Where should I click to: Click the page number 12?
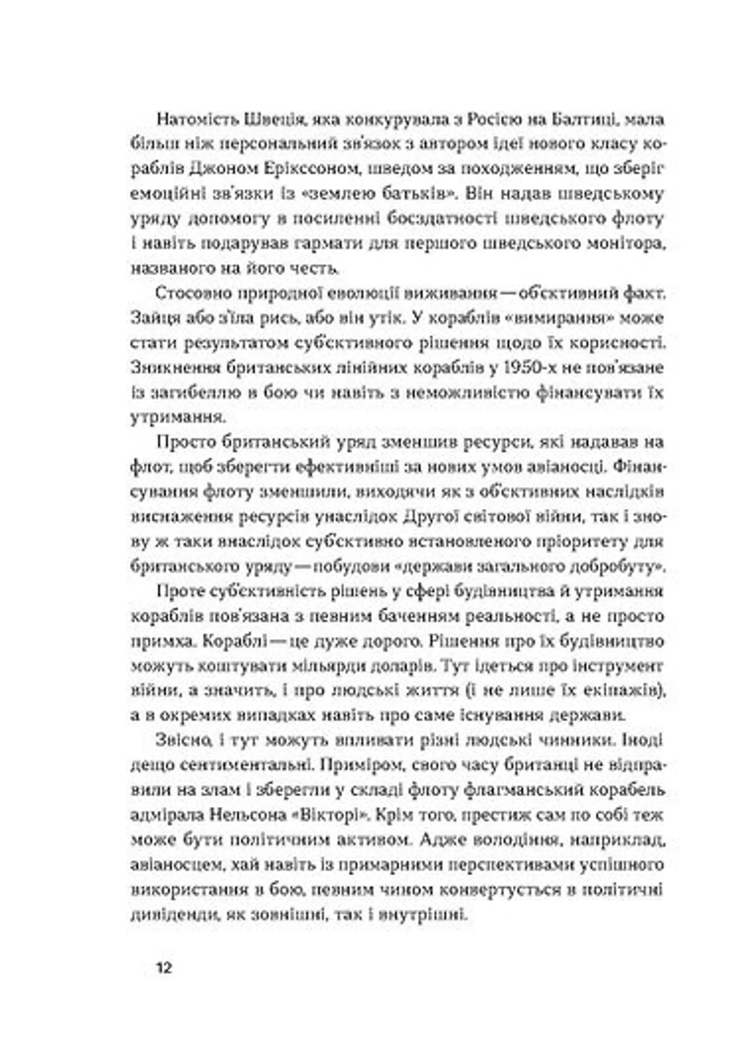165,969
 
